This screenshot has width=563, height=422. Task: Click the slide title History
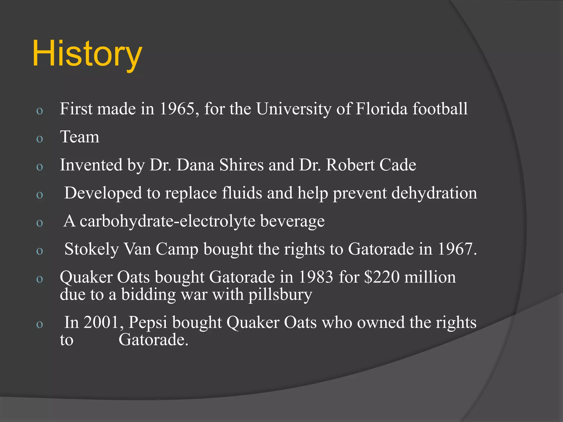(x=87, y=54)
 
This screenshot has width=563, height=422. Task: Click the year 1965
(x=177, y=109)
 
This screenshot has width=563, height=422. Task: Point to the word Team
(x=80, y=137)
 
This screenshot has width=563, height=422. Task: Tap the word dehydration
(x=434, y=193)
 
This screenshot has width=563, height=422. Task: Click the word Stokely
(x=92, y=249)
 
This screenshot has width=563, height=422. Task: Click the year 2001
(x=101, y=322)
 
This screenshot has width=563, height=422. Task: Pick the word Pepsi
(x=148, y=323)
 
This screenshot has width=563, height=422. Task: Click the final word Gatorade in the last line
(x=153, y=340)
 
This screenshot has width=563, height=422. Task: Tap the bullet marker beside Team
(x=40, y=139)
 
